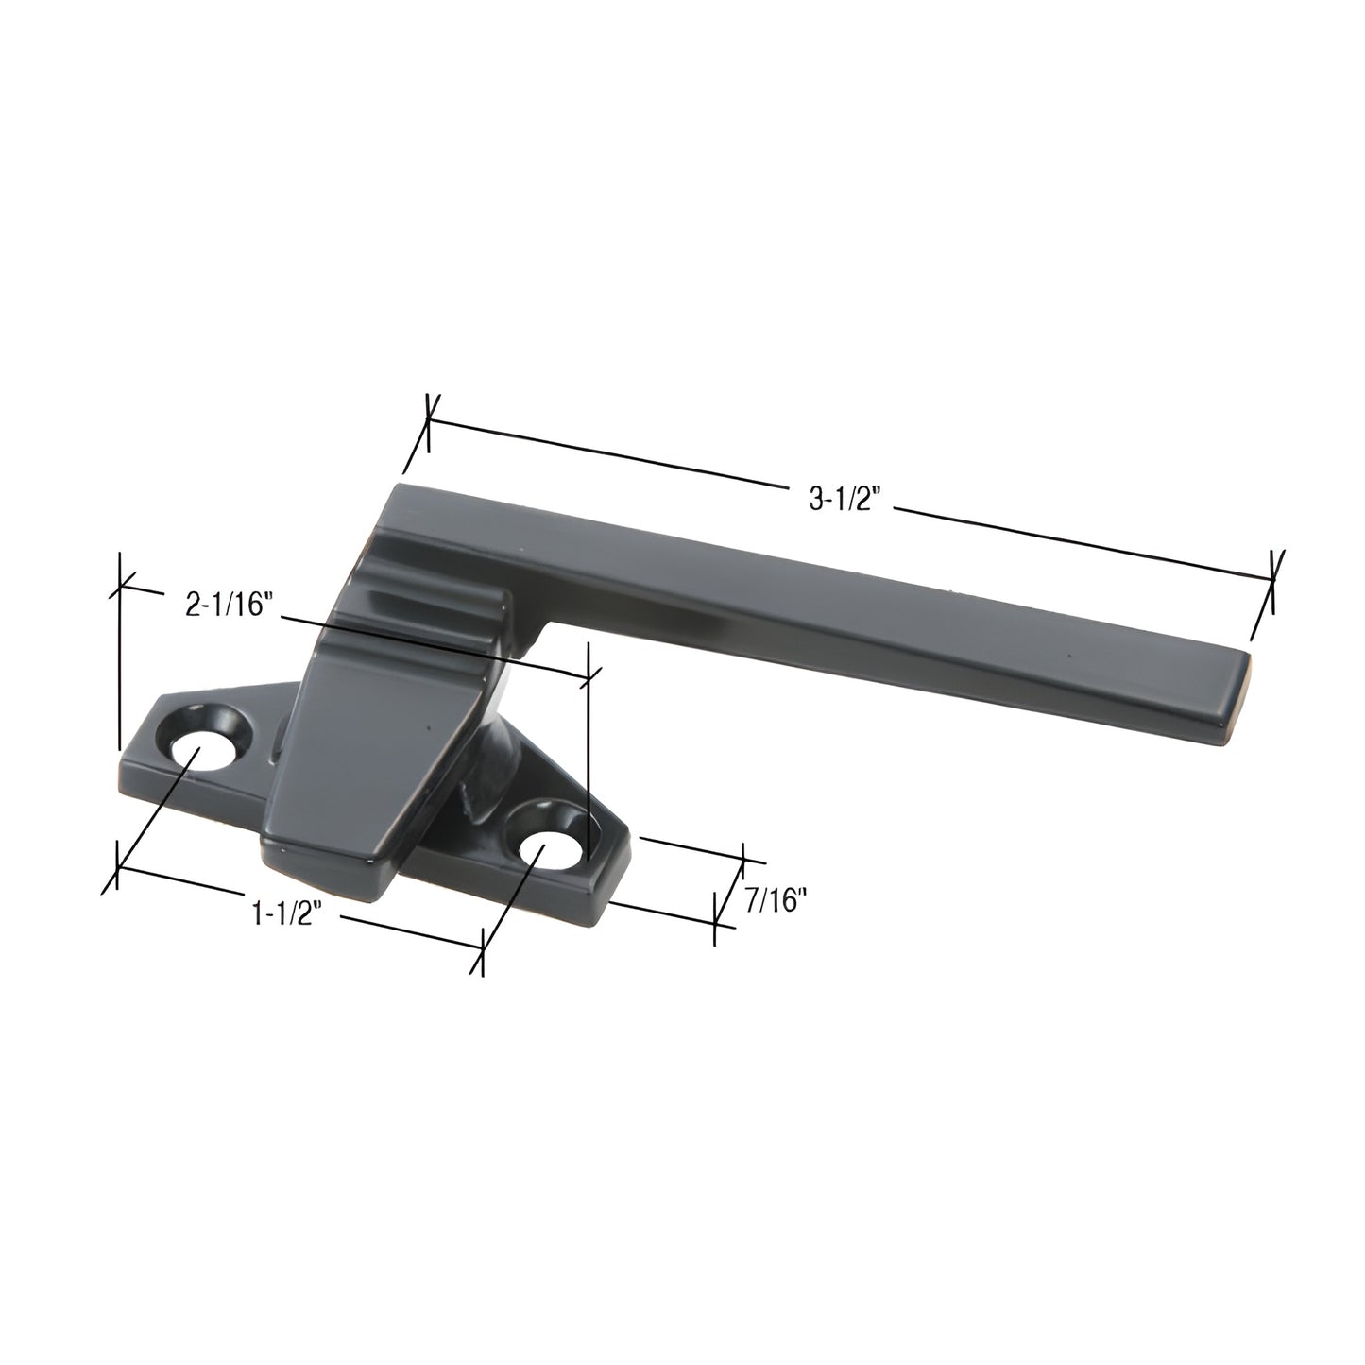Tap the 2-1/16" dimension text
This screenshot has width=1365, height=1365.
229,606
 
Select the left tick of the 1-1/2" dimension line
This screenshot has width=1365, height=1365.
117,867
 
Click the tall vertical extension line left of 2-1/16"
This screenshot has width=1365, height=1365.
119,661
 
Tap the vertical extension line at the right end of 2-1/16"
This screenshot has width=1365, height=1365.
588,756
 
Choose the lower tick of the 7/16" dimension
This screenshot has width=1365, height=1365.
715,921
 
